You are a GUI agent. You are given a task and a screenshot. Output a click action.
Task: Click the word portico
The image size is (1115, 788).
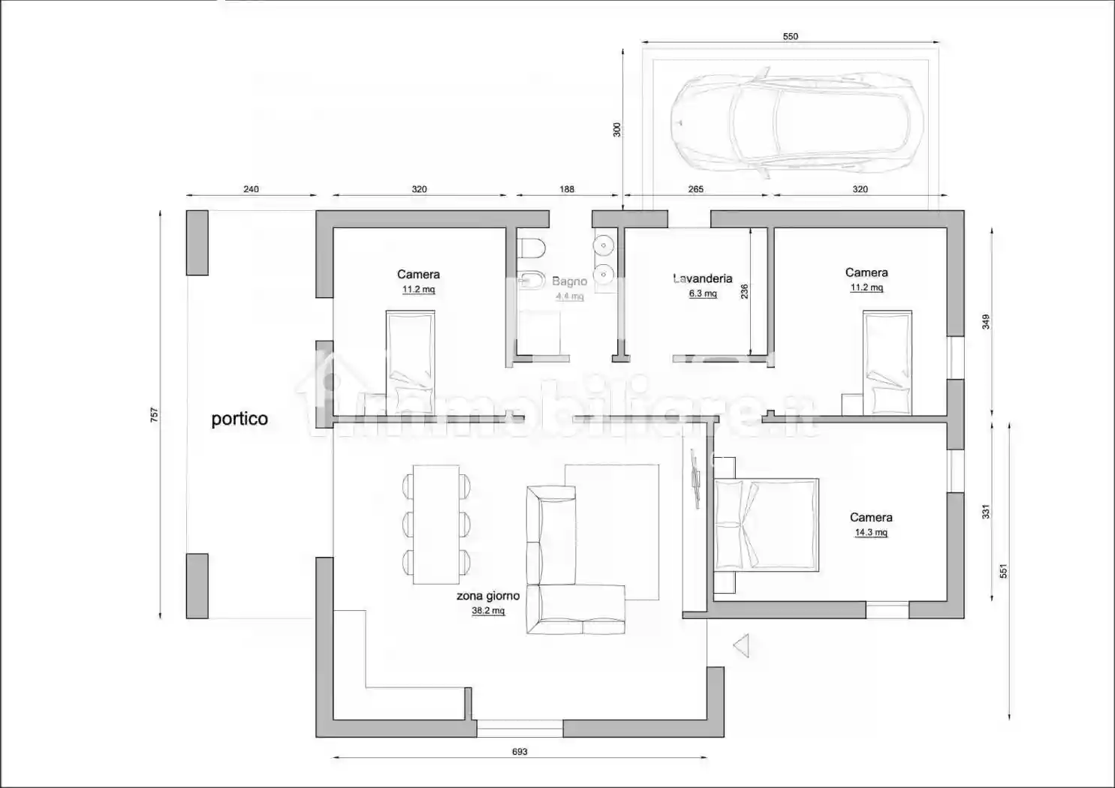240,419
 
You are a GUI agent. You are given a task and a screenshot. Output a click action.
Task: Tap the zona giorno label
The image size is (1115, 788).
488,596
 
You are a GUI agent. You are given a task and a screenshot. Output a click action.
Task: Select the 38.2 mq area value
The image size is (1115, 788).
488,611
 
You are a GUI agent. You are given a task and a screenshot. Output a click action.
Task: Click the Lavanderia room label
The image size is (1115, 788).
702,278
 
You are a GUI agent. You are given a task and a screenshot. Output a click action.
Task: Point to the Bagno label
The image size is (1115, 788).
569,281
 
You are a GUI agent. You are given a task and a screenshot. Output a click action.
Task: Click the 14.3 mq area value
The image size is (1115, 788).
871,533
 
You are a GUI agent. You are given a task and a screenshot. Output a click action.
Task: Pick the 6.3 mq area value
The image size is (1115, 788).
703,293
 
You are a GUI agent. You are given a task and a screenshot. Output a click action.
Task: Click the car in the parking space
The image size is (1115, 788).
790,122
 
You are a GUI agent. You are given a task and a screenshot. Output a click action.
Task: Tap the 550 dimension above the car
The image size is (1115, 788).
790,36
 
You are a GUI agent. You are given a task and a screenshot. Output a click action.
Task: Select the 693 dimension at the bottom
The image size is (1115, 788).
520,751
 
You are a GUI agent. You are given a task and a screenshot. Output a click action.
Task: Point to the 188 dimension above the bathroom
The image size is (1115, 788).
567,189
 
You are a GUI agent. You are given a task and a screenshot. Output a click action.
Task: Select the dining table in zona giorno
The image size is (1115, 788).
436,525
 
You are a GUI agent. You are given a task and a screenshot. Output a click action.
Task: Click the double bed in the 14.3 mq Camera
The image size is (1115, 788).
766,524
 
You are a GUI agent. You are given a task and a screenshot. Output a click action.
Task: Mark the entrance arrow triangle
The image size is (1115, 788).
742,645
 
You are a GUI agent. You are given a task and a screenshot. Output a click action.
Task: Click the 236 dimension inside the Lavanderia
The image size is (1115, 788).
745,291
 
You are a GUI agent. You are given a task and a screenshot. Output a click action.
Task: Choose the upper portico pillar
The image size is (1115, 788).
197,242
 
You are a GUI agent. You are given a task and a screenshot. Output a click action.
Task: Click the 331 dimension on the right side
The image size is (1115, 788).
986,511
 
